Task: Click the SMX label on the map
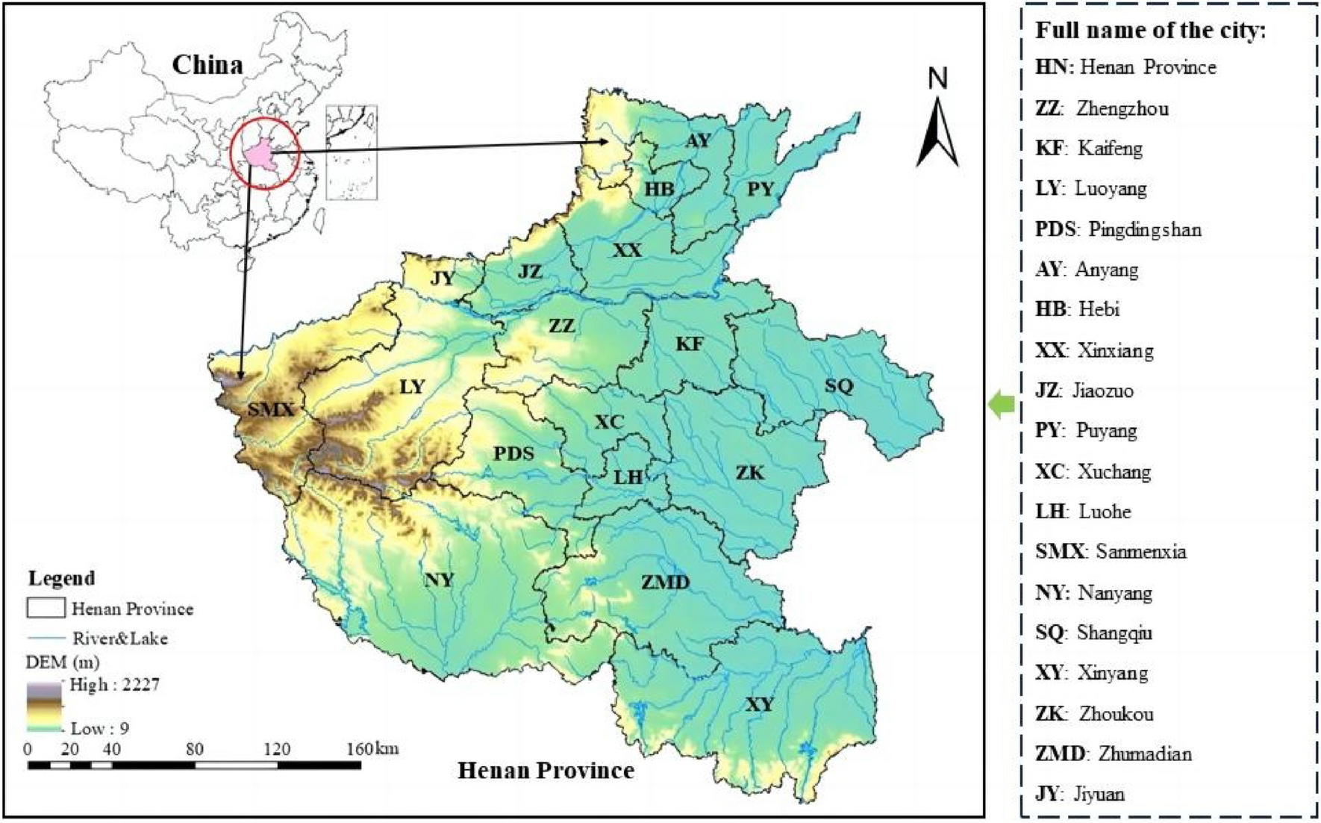[x=271, y=409]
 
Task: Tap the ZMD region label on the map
[x=665, y=583]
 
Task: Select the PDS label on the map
[x=513, y=453]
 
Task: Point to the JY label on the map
[x=443, y=278]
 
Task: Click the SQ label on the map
[x=839, y=386]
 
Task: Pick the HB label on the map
[x=659, y=189]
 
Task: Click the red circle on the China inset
[x=265, y=153]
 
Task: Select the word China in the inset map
[x=207, y=65]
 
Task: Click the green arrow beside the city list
[x=1002, y=405]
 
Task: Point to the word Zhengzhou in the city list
[x=1122, y=108]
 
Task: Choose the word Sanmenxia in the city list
[x=1141, y=552]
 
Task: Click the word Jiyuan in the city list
[x=1099, y=793]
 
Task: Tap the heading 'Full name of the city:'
[x=1150, y=31]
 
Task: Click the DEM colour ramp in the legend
[x=46, y=706]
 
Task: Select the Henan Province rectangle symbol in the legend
[x=46, y=608]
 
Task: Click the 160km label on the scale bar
[x=373, y=748]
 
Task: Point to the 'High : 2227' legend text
[x=114, y=685]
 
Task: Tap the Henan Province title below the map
[x=546, y=771]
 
